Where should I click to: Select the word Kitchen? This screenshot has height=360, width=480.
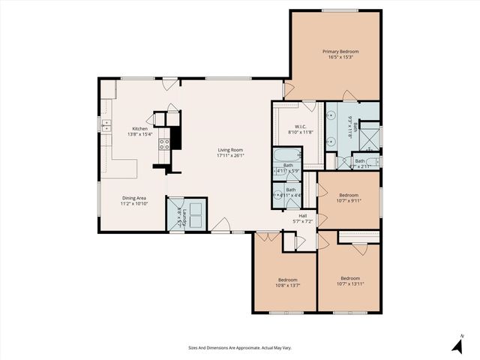(x=140, y=128)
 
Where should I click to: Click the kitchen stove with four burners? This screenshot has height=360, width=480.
(x=164, y=143)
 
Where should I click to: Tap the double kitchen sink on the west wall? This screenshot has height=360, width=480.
(x=106, y=128)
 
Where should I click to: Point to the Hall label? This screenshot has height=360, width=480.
(x=302, y=215)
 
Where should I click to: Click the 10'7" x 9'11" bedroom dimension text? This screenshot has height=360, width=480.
(x=349, y=200)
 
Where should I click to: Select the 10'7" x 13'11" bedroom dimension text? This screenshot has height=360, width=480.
(x=349, y=283)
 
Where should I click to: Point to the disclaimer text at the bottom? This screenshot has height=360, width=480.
(x=240, y=347)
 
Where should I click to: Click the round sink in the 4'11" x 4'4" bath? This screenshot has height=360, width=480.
(x=277, y=194)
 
